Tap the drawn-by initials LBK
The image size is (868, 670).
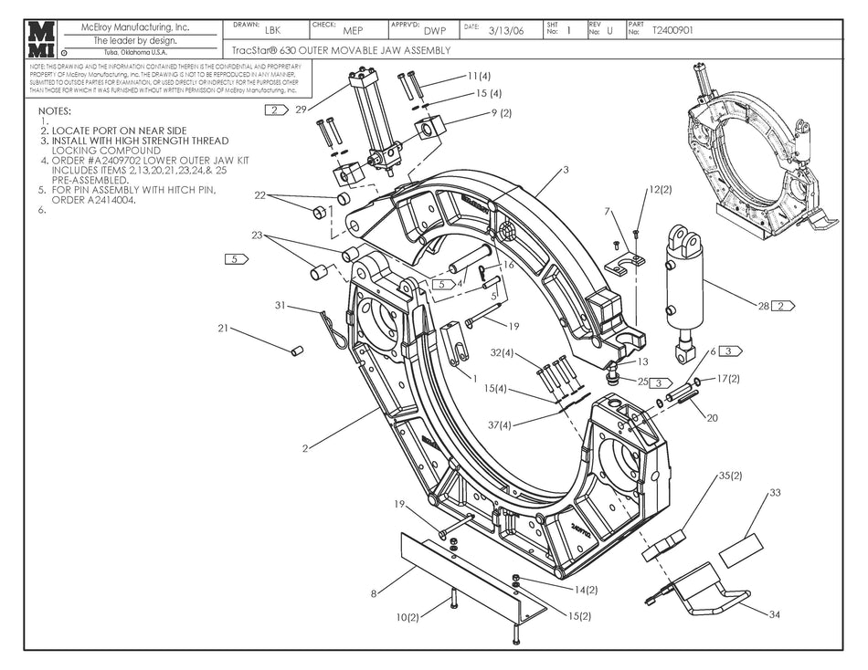click(x=272, y=30)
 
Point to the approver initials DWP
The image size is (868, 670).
click(x=435, y=30)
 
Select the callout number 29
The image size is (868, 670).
click(x=301, y=110)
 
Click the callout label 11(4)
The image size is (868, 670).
click(x=479, y=76)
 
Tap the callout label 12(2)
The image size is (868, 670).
click(x=661, y=189)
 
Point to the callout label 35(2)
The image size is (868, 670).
click(x=730, y=476)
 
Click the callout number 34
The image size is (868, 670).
click(x=774, y=614)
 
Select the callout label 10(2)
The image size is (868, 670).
click(x=408, y=618)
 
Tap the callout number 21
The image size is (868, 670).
click(x=223, y=329)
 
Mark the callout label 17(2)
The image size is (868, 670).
click(x=727, y=378)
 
